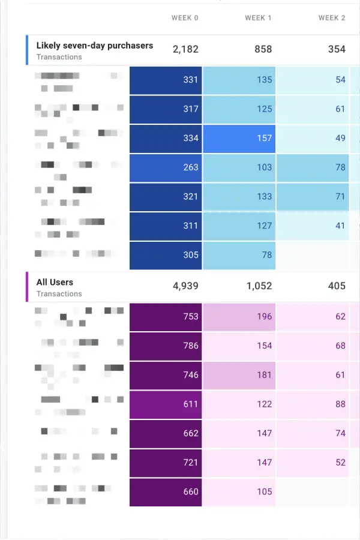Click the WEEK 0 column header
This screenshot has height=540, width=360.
[x=185, y=18]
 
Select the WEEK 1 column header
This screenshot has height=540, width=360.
[x=258, y=18]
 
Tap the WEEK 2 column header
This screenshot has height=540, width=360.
[x=332, y=18]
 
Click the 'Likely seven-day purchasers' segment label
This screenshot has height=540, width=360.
[x=94, y=46]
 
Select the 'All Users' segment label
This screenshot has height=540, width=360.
[x=55, y=282]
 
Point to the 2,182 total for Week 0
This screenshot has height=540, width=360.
[x=185, y=49]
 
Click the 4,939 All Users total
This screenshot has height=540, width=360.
[x=185, y=286]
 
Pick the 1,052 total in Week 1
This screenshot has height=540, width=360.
[x=259, y=286]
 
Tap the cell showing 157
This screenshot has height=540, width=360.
[x=239, y=139]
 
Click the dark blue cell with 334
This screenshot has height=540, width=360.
[x=166, y=139]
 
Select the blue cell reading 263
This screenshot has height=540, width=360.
[x=166, y=167]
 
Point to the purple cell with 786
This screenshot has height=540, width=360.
[x=166, y=346]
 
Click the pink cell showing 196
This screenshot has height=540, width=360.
[x=239, y=317]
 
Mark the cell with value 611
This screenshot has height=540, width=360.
[x=166, y=404]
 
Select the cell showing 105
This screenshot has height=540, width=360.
[x=239, y=492]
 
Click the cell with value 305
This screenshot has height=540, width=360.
[x=166, y=255]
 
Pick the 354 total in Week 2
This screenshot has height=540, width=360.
[x=337, y=49]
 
